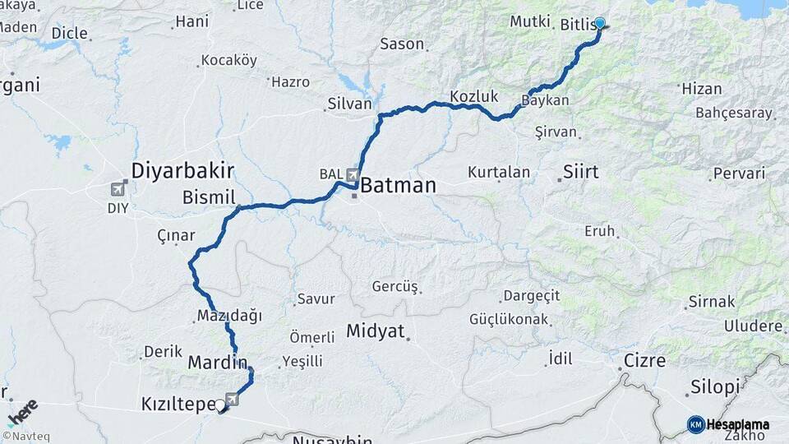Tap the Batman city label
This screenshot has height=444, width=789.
(x=398, y=185)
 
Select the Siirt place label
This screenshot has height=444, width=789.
(x=581, y=173)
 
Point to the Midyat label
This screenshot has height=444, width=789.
(x=376, y=331)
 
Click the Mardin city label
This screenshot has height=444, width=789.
(x=218, y=362)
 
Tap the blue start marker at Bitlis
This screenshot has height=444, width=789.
(x=600, y=24)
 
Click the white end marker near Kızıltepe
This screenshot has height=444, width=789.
(x=220, y=405)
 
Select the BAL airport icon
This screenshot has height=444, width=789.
(x=353, y=175)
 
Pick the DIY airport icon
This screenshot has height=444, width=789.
(x=118, y=189)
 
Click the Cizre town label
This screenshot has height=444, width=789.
(x=644, y=360)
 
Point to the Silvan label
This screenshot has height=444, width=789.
(x=349, y=104)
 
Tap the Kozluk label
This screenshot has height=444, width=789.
(x=474, y=96)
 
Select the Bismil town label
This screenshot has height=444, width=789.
(x=209, y=197)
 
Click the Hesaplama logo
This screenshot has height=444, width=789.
(x=728, y=424)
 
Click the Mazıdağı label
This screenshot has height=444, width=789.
(x=229, y=317)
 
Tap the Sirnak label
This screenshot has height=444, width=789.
(x=711, y=302)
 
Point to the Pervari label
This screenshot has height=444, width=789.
(x=739, y=173)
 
